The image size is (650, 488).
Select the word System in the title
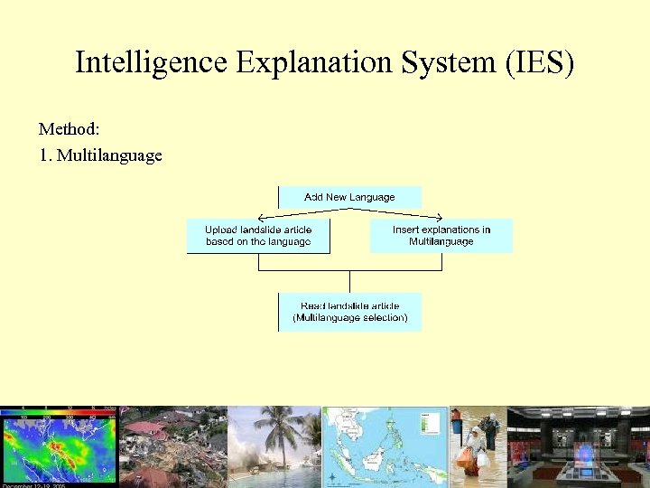pyautogui.click(x=450, y=63)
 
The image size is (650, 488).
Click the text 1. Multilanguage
pyautogui.click(x=100, y=155)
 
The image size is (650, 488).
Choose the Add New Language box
pyautogui.click(x=349, y=197)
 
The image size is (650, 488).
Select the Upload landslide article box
pyautogui.click(x=258, y=236)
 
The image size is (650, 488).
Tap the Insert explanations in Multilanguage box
pyautogui.click(x=441, y=236)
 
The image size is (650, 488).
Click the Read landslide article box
pyautogui.click(x=349, y=312)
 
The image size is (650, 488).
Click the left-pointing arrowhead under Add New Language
pyautogui.click(x=261, y=217)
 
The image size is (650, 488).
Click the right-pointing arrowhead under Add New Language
pyautogui.click(x=438, y=217)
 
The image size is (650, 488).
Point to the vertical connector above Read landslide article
pyautogui.click(x=350, y=281)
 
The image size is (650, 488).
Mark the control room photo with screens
pyautogui.click(x=578, y=447)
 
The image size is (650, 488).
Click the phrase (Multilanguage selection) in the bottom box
pyautogui.click(x=349, y=318)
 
